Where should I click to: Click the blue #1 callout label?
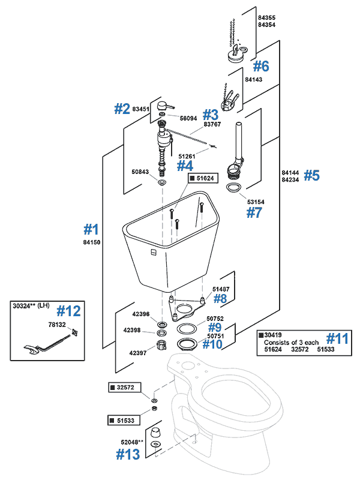click(91, 229)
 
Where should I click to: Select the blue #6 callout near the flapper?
click(261, 66)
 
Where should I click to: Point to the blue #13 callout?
click(128, 454)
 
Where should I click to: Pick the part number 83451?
click(140, 109)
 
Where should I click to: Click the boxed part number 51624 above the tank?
click(205, 178)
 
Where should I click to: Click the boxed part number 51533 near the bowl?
click(125, 419)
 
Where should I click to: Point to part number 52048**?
click(131, 442)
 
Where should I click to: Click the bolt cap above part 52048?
click(155, 433)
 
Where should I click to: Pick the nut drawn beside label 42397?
click(161, 346)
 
